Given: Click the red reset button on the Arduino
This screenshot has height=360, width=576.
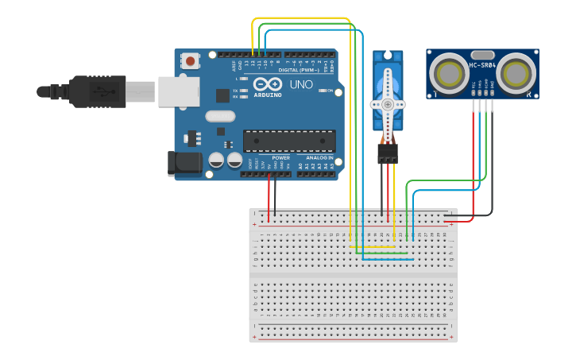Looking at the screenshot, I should (x=191, y=60).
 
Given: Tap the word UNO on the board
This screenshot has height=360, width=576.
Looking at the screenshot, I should (x=300, y=84).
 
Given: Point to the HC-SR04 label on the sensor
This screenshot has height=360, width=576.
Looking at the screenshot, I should (x=483, y=65).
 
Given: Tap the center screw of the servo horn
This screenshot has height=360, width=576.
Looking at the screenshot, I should (x=388, y=104).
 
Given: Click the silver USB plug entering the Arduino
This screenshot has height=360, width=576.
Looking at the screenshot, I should (x=178, y=91).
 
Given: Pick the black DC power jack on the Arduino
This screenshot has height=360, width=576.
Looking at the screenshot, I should (x=184, y=164).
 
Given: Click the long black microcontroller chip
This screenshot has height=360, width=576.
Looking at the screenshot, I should (x=289, y=141).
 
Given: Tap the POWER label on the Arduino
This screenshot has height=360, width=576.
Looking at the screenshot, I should (x=281, y=157).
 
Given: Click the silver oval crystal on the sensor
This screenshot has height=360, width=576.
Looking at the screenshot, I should (x=483, y=54).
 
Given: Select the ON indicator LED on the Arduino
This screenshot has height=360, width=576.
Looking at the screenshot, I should (x=321, y=91).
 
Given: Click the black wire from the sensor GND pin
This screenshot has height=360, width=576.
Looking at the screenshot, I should (x=492, y=159).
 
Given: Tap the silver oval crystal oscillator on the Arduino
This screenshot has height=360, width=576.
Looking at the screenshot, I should (x=221, y=116).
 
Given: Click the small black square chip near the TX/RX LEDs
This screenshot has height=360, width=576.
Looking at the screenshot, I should (x=223, y=95).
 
